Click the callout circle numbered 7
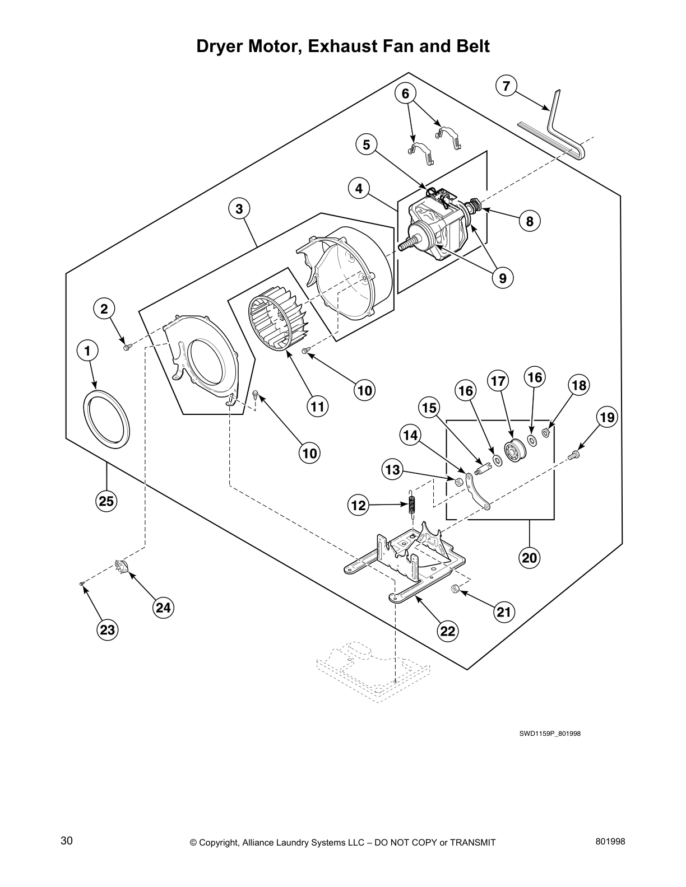[x=506, y=86]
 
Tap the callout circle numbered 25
[x=106, y=501]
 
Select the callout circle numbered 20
[x=530, y=557]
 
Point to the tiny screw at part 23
[x=82, y=584]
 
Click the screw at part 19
[x=574, y=455]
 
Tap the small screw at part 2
[x=127, y=347]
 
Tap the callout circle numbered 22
[x=448, y=631]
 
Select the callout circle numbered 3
[x=239, y=209]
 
